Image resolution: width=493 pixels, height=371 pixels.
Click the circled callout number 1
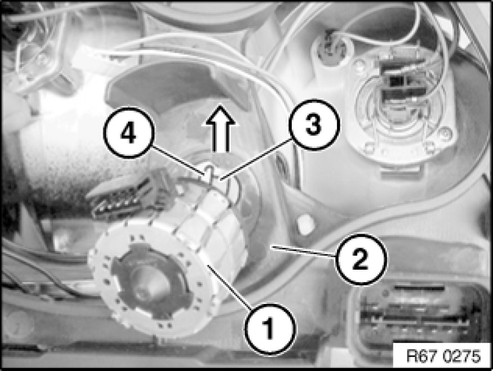(x=270, y=329)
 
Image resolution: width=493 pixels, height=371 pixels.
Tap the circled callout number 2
(x=361, y=260)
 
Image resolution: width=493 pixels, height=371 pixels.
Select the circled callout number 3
(x=314, y=124)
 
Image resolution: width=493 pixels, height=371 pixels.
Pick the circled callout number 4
(x=128, y=132)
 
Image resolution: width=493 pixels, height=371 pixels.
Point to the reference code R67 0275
(x=443, y=356)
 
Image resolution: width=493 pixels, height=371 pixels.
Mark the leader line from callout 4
(x=178, y=159)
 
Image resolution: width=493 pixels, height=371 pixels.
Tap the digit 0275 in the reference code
(x=461, y=356)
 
